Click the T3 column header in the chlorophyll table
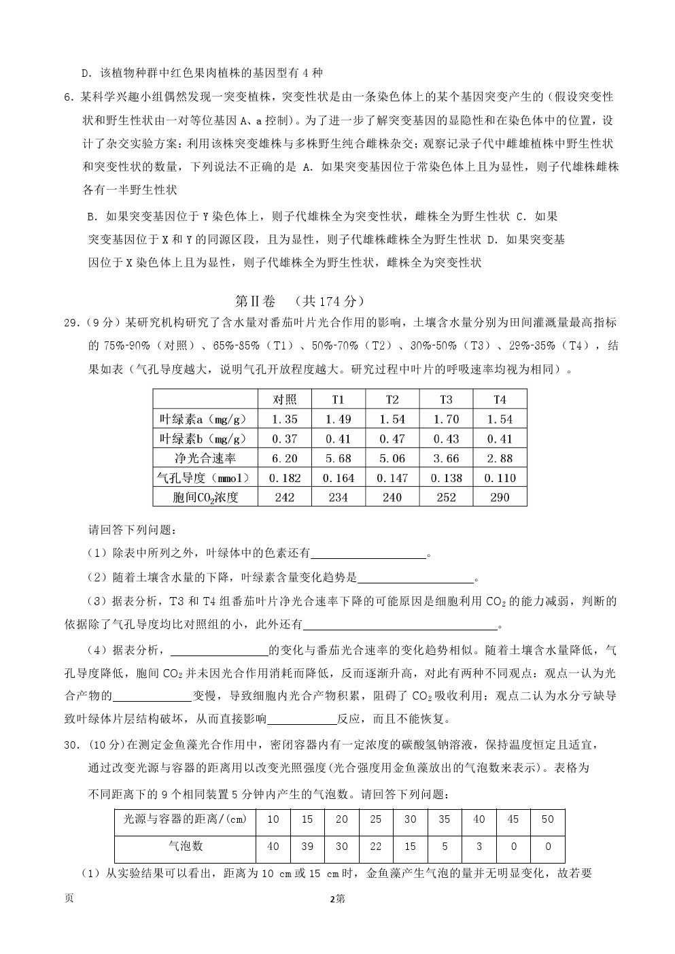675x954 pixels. [446, 399]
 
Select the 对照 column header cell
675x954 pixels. [284, 399]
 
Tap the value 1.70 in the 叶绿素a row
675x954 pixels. [446, 419]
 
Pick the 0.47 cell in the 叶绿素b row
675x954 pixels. [392, 439]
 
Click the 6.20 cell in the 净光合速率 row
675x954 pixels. [284, 458]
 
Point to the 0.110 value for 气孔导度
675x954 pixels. [500, 478]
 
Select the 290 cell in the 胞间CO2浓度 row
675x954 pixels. [500, 498]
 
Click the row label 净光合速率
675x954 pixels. [205, 458]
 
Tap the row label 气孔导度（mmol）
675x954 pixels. [205, 478]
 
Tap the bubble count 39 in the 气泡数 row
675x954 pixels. [307, 847]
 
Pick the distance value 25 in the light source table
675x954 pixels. [376, 819]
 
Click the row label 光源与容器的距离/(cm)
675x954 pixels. [185, 819]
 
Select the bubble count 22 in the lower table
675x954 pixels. [376, 847]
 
